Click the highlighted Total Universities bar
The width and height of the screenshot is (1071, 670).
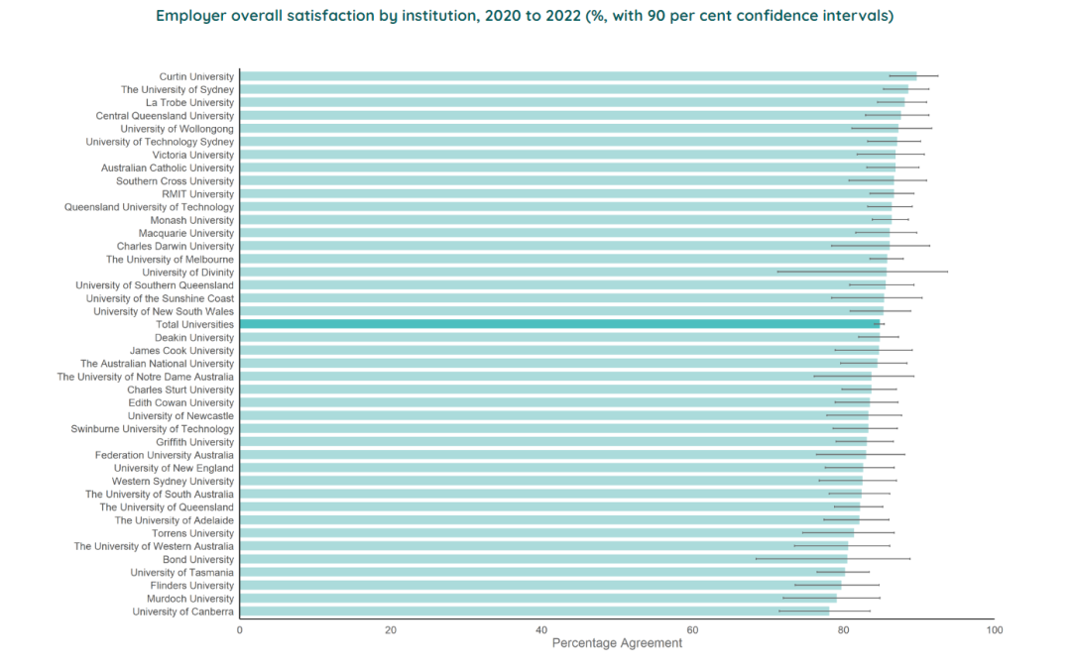[x=558, y=324]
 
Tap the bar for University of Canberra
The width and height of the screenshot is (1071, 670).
[x=534, y=612]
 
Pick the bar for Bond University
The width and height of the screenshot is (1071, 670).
[x=542, y=559]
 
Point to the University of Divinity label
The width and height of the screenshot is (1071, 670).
[x=187, y=273]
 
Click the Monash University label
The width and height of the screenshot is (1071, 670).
[x=191, y=220]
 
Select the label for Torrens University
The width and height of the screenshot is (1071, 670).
[x=192, y=533]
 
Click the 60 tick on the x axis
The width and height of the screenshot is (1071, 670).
[x=692, y=630]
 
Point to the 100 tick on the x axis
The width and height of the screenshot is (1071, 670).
[x=995, y=630]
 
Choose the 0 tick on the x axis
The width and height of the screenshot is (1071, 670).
[x=239, y=630]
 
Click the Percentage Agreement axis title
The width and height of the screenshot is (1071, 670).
[x=617, y=643]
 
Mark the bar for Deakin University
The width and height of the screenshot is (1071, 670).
[x=559, y=337]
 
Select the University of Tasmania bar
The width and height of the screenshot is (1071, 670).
[x=541, y=572]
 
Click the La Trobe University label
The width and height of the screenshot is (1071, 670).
[x=189, y=103]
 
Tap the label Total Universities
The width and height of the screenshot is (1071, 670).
[x=194, y=324]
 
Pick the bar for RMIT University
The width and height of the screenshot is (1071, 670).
[x=566, y=194]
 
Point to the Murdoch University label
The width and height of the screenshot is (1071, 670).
[x=190, y=599]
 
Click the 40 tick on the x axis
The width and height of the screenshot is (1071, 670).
[x=541, y=630]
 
